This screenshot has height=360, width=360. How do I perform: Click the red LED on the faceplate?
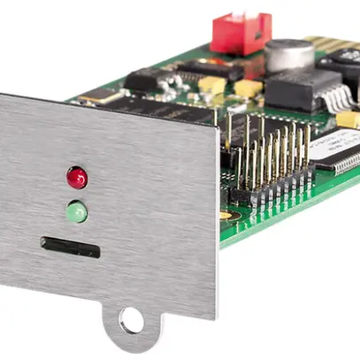[77, 177]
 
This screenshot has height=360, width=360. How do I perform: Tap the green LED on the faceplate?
[77, 211]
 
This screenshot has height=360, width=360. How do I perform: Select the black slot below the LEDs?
[69, 247]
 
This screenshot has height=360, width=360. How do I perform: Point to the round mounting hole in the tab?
[131, 320]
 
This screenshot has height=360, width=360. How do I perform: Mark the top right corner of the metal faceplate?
[217, 127]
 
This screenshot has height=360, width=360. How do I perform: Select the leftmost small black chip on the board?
[141, 80]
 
